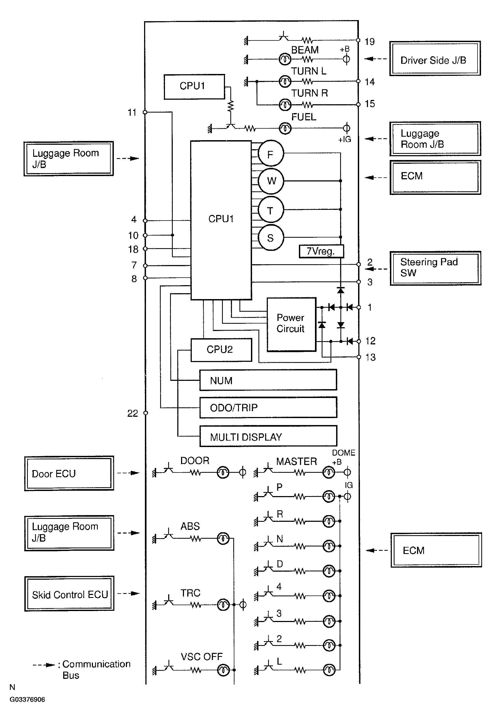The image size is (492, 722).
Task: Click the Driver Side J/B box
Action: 435,58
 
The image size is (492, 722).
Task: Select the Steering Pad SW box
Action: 435,268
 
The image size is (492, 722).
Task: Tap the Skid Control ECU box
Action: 69,593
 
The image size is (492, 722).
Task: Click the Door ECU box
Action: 69,473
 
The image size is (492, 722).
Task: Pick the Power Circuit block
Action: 291,324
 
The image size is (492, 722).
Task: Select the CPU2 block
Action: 221,350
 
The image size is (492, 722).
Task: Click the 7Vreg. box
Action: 321,251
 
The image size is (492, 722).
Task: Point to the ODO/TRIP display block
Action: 268,407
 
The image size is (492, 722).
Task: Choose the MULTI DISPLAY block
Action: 268,436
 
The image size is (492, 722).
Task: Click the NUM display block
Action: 268,380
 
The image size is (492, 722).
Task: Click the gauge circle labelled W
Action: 271,181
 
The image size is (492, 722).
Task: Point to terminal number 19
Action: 369,42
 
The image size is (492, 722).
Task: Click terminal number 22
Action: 133,414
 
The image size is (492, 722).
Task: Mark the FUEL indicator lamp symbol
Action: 285,128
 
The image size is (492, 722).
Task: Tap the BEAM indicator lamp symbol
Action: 285,59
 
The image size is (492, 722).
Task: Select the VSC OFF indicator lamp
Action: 223,670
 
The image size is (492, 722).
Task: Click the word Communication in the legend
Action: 96,664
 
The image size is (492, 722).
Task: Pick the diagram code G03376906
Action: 27,699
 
